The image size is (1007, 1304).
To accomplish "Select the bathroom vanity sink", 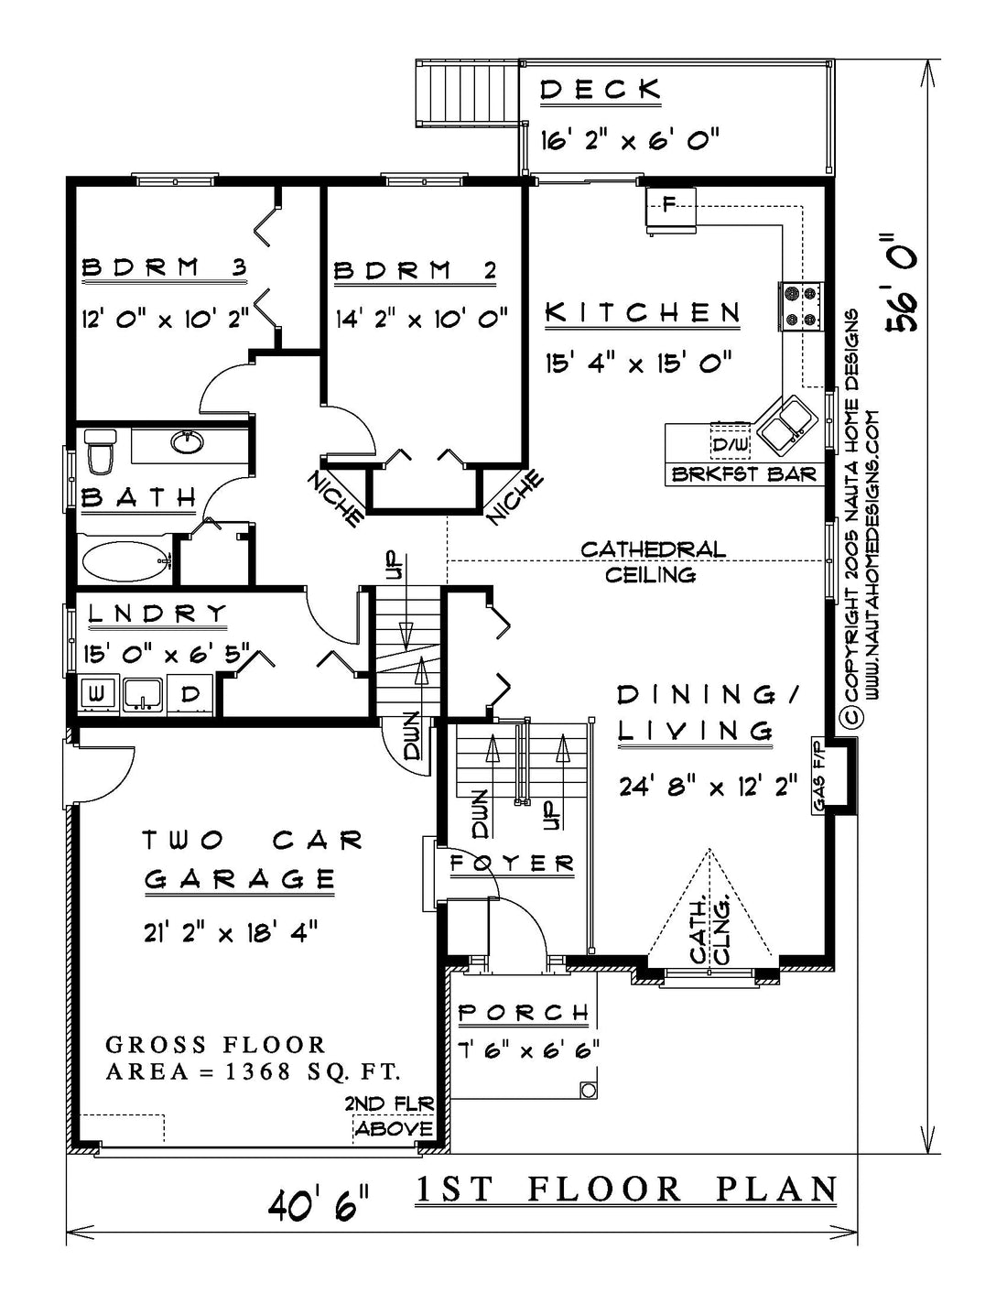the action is (x=188, y=443).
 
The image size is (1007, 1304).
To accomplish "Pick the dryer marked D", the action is (x=190, y=694).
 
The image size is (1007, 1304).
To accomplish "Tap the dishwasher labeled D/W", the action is (x=731, y=444).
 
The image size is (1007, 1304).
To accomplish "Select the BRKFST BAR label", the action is (x=743, y=474).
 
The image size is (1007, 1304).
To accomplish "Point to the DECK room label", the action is (x=601, y=90).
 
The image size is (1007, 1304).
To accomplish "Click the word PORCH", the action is (x=524, y=1013).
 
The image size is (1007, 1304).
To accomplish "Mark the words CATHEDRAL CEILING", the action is (x=653, y=561).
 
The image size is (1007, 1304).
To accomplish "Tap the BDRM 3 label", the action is (x=165, y=267).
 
